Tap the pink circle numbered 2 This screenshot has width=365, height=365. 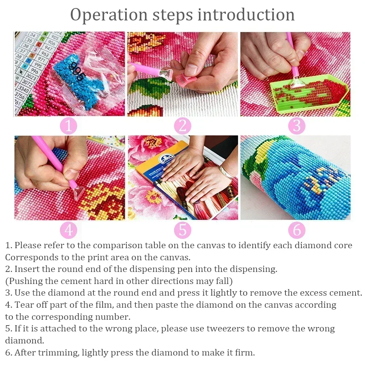point(182,126)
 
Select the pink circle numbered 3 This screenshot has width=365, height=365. point(296,126)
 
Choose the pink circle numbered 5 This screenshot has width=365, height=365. point(182,230)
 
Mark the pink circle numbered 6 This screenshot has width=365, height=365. point(296,230)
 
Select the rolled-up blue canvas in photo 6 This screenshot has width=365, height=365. point(296,179)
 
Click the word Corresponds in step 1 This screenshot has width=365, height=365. point(32,257)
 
